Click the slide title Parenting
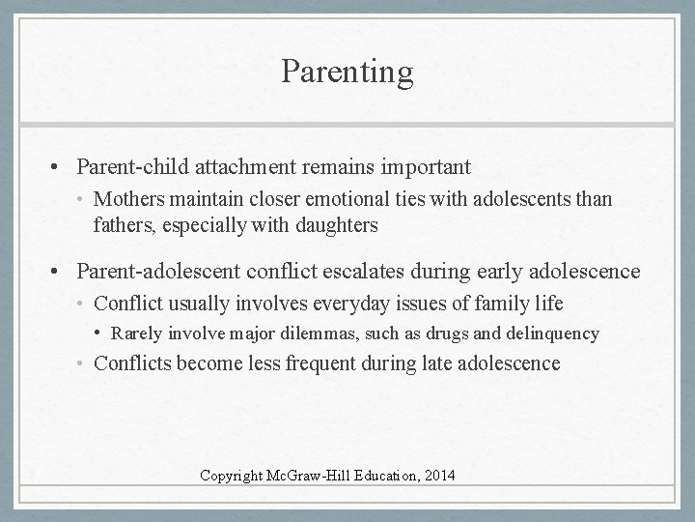point(347,71)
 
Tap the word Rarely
point(140,334)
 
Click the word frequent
point(327,363)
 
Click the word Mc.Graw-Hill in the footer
point(322,476)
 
